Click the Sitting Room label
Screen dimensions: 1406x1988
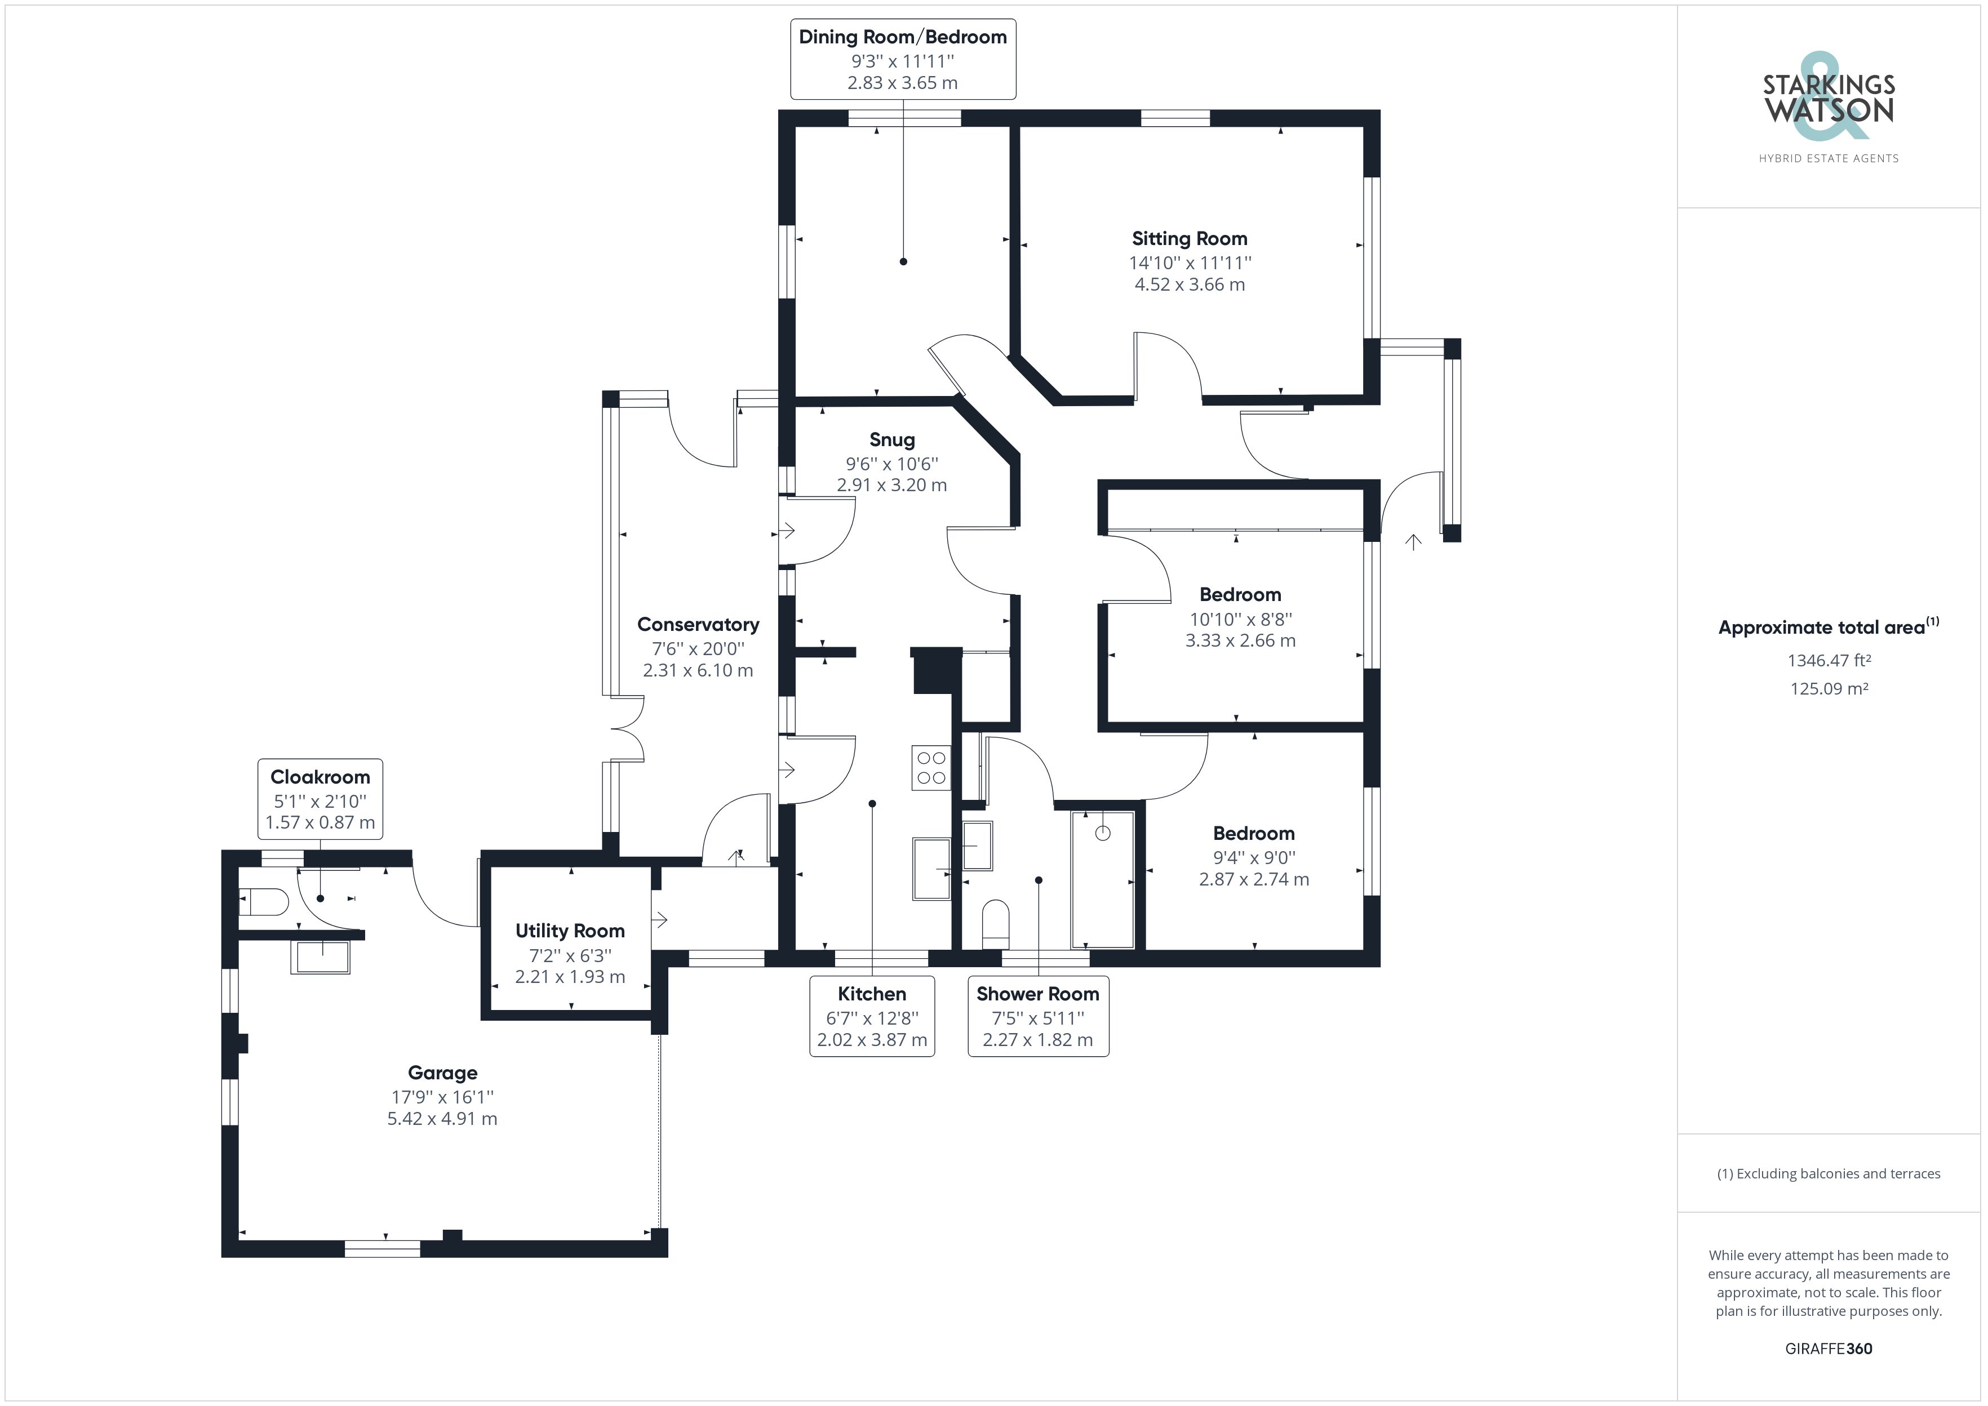(1189, 239)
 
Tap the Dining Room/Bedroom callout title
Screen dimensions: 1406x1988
(902, 37)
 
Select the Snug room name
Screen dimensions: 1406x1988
(892, 440)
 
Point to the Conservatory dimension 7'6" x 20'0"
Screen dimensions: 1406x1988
(698, 648)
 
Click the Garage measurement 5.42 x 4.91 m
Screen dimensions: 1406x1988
(442, 1119)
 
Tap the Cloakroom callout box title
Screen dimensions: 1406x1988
(319, 777)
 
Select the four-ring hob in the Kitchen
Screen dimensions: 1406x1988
(931, 768)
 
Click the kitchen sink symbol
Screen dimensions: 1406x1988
(931, 869)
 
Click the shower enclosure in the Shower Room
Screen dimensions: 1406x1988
(1102, 879)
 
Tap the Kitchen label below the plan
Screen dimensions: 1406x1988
(871, 994)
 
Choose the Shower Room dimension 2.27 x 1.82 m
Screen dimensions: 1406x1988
(1037, 1040)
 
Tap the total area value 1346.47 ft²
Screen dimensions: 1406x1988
(1829, 661)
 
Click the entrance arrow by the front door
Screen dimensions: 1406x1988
(1413, 543)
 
